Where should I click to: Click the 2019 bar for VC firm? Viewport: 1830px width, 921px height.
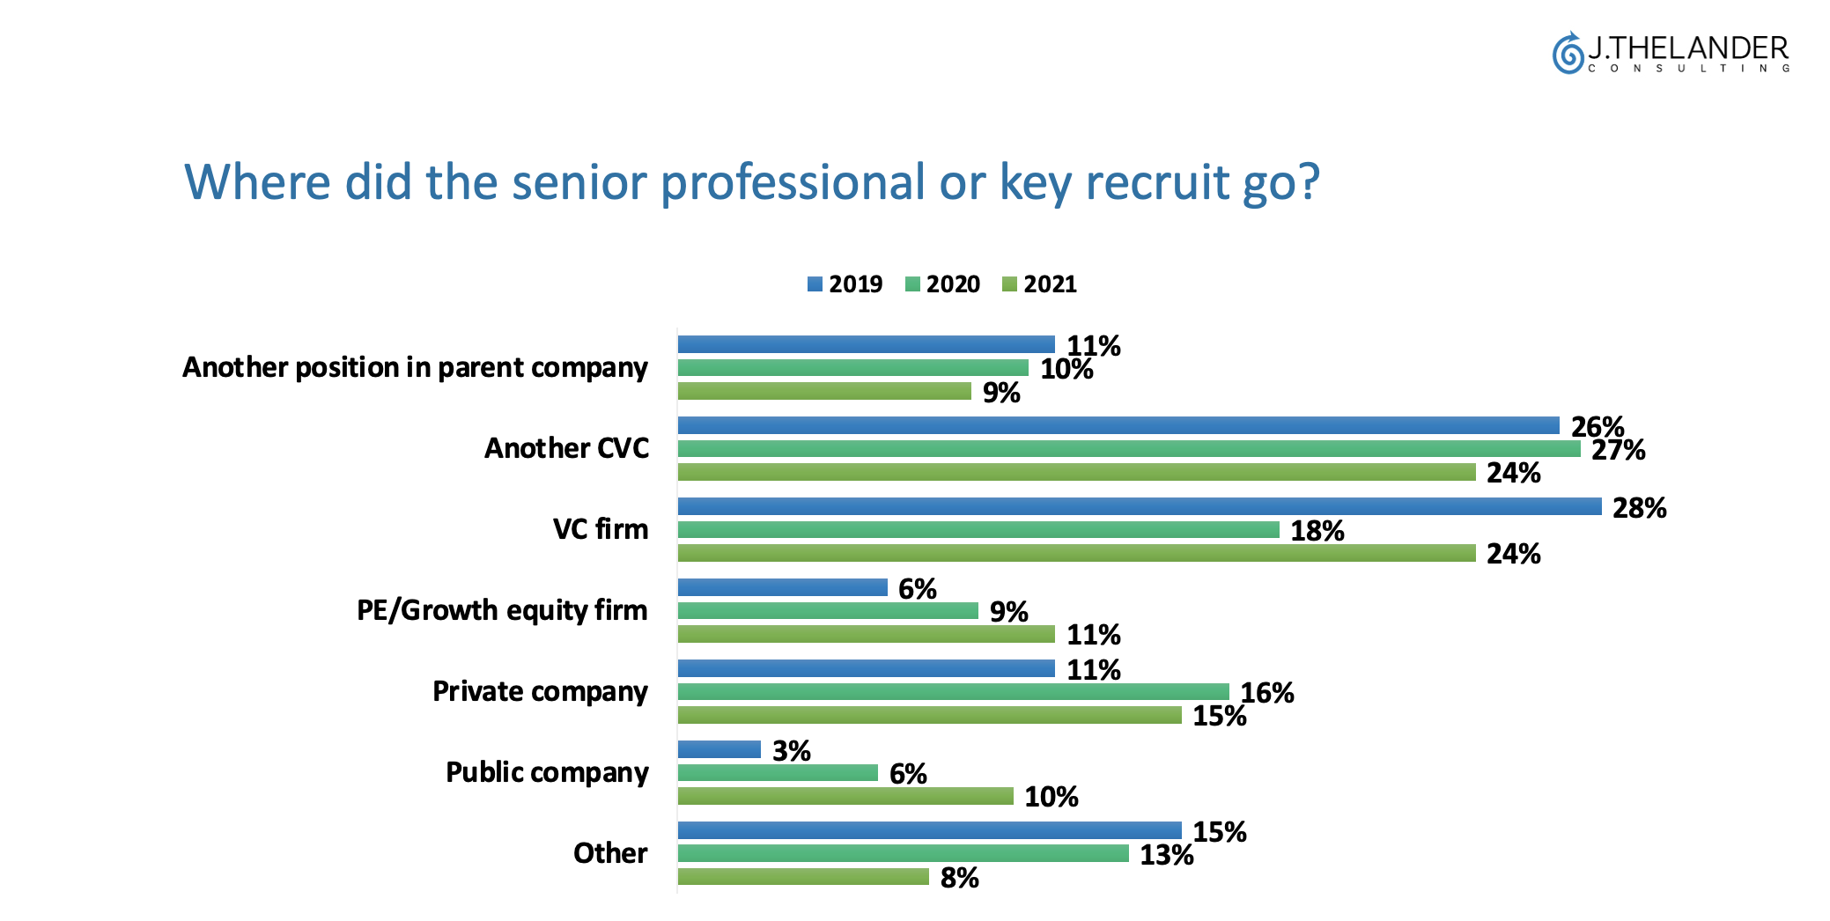pyautogui.click(x=1139, y=506)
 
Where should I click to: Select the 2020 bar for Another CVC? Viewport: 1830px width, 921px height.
pyautogui.click(x=1128, y=449)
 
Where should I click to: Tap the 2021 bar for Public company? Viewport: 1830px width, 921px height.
pyautogui.click(x=845, y=796)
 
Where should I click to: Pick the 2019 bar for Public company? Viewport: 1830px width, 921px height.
pyautogui.click(x=719, y=749)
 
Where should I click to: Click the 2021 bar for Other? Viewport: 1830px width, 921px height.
pyautogui.click(x=803, y=877)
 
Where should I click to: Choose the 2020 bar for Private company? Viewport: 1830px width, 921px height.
pyautogui.click(x=953, y=692)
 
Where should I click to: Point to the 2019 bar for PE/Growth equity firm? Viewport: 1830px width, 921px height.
pyautogui.click(x=782, y=587)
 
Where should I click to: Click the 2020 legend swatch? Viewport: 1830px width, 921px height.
pyautogui.click(x=912, y=284)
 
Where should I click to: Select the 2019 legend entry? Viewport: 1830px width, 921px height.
pyautogui.click(x=845, y=284)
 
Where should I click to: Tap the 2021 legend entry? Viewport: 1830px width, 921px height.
pyautogui.click(x=1039, y=284)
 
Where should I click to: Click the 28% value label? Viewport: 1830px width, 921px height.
pyautogui.click(x=1639, y=508)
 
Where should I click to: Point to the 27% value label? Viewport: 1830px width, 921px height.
pyautogui.click(x=1618, y=450)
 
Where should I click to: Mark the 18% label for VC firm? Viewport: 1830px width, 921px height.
pyautogui.click(x=1317, y=531)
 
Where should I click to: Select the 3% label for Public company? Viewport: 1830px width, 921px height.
pyautogui.click(x=791, y=751)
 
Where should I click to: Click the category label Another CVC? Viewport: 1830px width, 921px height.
pyautogui.click(x=566, y=448)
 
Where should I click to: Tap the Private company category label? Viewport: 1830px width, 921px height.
pyautogui.click(x=540, y=691)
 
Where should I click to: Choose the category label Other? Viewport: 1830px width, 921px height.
pyautogui.click(x=610, y=853)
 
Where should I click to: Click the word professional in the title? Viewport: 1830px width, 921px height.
pyautogui.click(x=793, y=182)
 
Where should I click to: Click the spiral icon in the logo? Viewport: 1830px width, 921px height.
pyautogui.click(x=1568, y=53)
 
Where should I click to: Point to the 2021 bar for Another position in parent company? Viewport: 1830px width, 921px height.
pyautogui.click(x=824, y=391)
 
